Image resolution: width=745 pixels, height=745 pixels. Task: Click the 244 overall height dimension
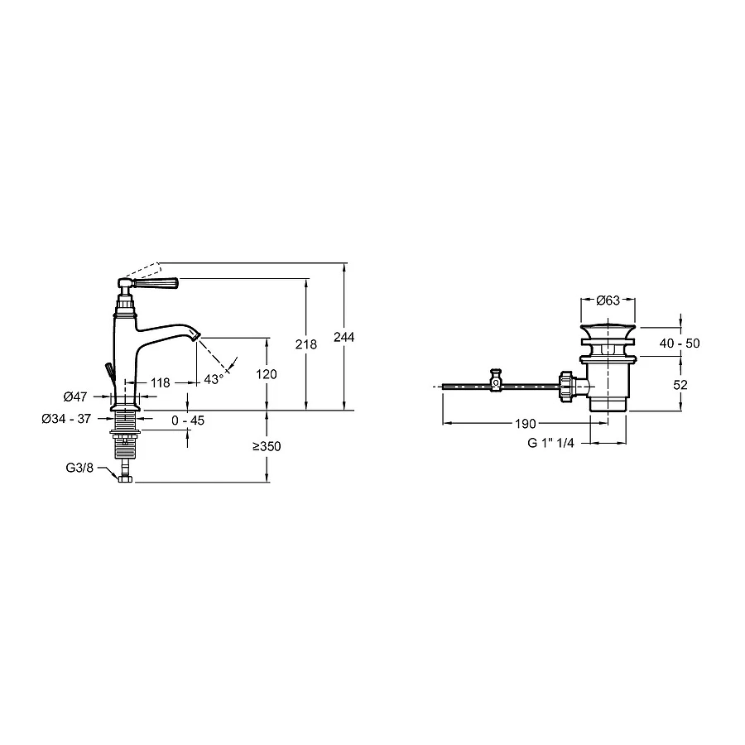pos(344,337)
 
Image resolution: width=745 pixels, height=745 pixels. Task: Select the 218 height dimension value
pos(306,344)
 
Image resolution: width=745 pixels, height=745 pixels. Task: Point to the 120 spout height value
pos(266,374)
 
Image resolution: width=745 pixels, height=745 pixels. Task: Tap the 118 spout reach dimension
pos(160,382)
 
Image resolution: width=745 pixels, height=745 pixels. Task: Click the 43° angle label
pos(214,379)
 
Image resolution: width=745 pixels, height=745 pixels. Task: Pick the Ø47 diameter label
pos(75,396)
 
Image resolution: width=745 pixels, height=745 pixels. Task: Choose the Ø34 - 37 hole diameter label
pos(66,419)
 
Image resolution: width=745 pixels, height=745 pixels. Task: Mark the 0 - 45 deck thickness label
pos(188,421)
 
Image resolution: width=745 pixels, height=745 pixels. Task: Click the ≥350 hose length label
pos(267,447)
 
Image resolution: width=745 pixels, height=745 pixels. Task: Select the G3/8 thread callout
pos(79,468)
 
